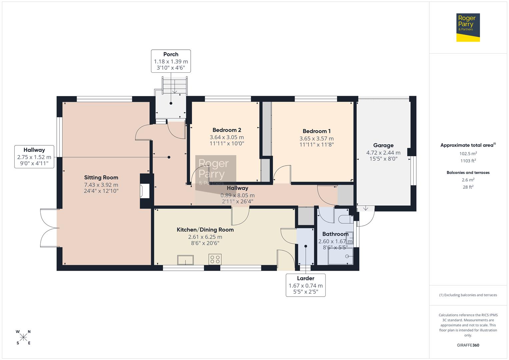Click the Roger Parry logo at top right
468,27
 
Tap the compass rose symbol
23,337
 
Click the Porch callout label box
171,61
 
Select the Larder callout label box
305,285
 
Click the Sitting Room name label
101,178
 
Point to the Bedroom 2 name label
227,130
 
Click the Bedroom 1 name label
316,131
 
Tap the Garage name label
383,145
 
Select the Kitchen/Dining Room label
205,230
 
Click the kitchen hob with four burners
215,259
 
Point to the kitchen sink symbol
185,260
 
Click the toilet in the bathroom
344,219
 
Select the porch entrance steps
175,86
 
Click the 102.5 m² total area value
468,154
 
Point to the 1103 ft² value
468,161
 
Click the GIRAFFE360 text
468,345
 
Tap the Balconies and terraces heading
468,173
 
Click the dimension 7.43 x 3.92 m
101,185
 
